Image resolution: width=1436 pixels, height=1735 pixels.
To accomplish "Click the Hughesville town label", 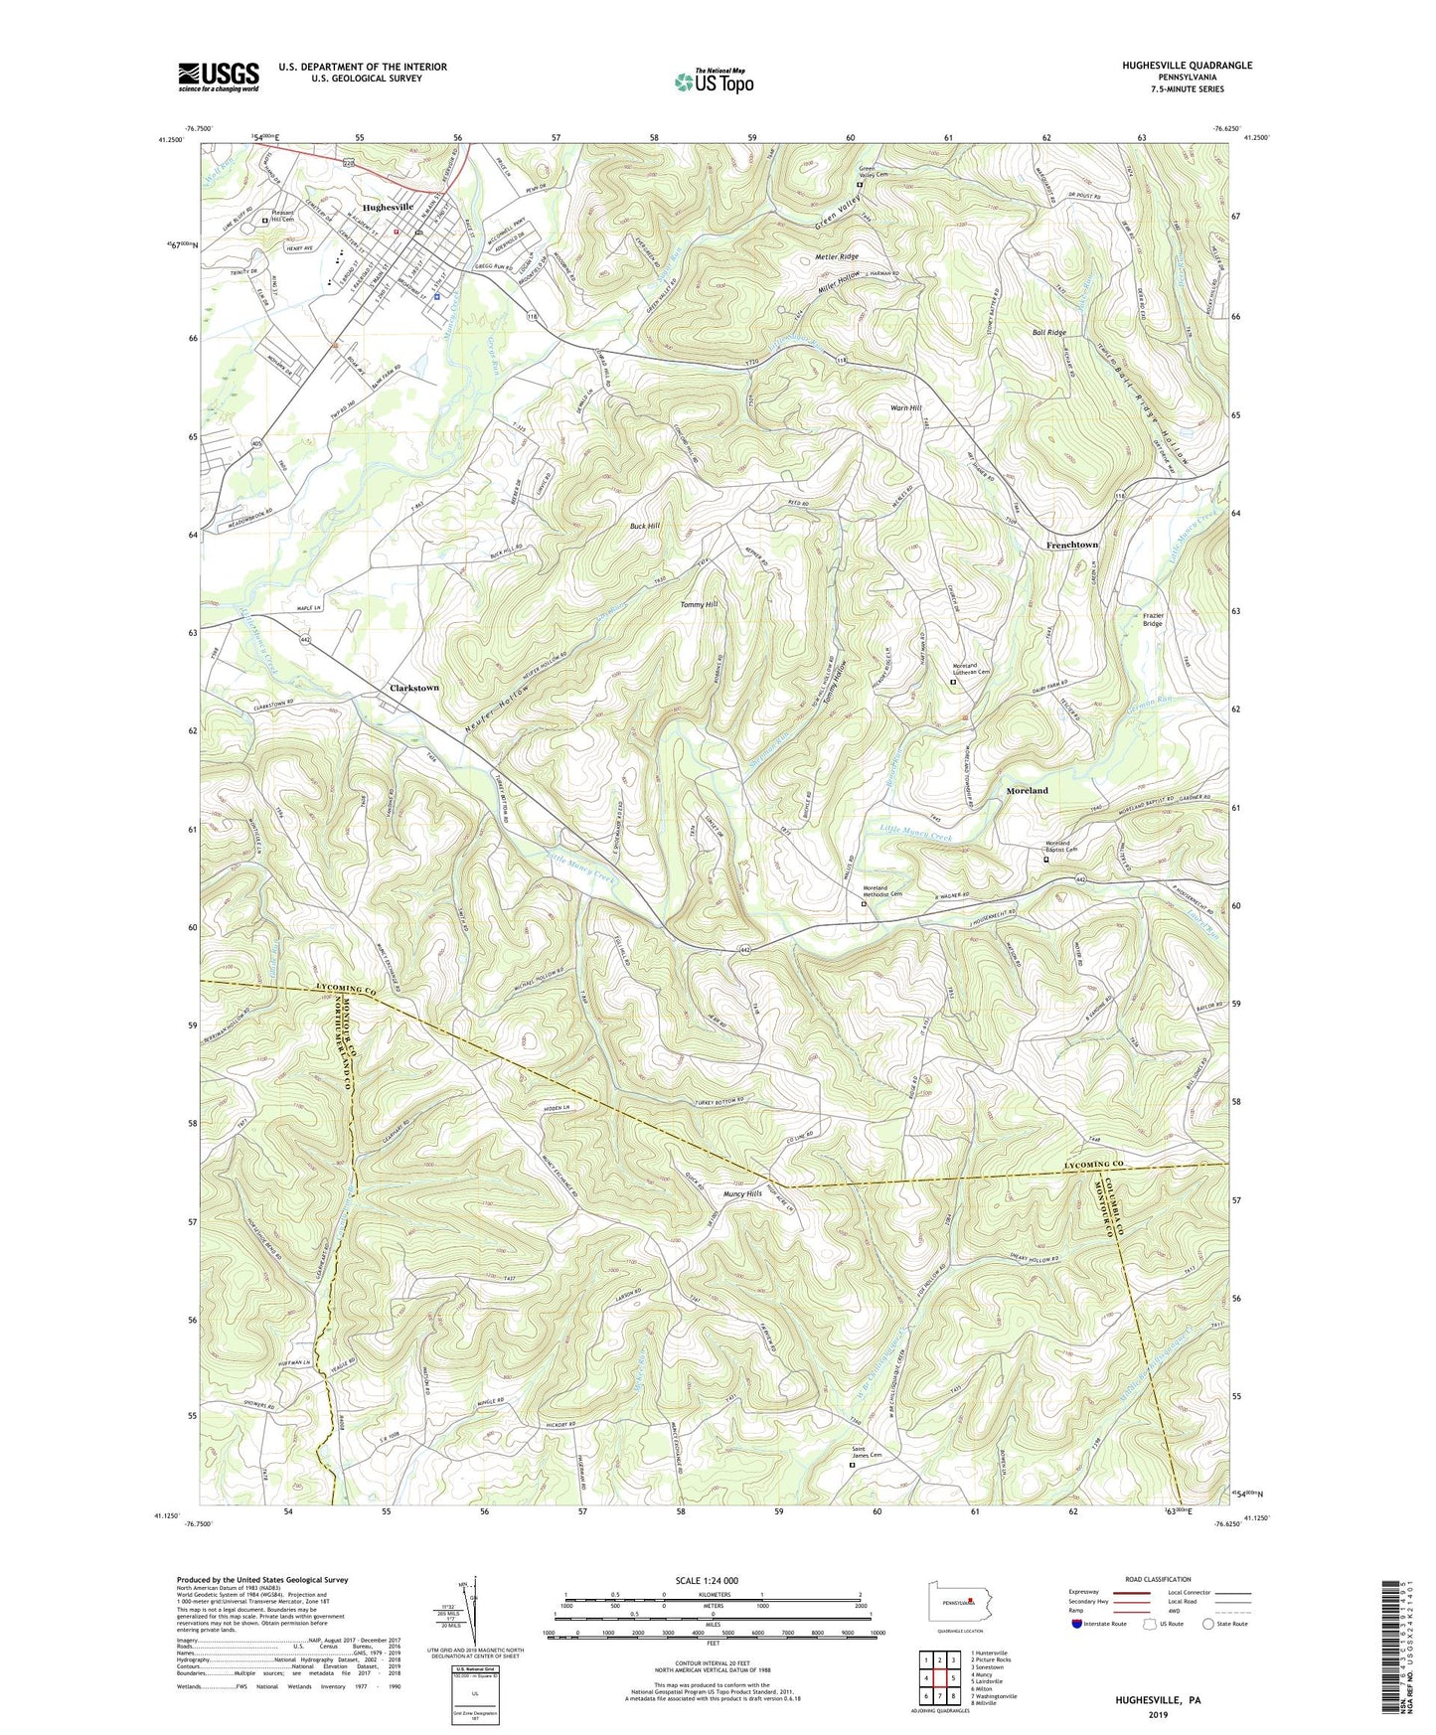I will click(x=388, y=207).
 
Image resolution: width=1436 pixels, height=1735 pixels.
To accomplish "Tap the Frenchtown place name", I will click(x=1071, y=546).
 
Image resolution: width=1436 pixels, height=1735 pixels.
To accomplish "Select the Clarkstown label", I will click(x=413, y=688).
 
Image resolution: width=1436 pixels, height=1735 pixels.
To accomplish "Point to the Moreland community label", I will click(x=1027, y=791).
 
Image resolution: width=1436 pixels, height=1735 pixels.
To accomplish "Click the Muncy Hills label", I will click(x=742, y=1193).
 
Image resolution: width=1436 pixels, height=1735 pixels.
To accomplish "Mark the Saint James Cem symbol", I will click(x=853, y=1464).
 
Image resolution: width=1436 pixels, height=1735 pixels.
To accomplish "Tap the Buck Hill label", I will click(x=644, y=526).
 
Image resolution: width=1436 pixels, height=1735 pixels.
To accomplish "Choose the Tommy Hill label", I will click(x=698, y=604).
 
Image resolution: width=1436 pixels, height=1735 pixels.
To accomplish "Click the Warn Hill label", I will click(x=906, y=408).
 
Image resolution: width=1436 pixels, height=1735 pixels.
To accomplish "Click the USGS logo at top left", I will click(x=219, y=77).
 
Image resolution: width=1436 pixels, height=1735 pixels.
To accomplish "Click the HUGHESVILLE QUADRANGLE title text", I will click(x=1173, y=66).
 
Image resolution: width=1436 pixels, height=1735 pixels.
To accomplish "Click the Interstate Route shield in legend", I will click(x=1077, y=1624).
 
